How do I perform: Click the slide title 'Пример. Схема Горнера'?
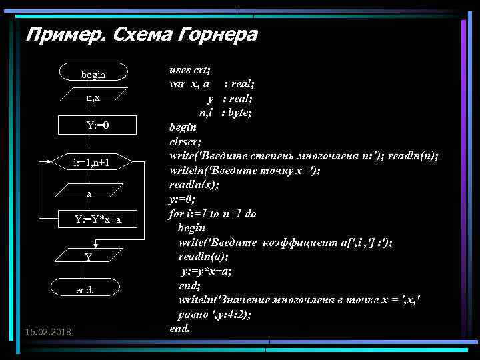141,34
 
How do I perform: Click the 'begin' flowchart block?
93,74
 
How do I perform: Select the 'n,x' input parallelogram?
93,97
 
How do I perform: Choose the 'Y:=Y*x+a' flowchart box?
97,219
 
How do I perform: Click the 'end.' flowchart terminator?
85,289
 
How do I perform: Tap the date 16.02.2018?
48,331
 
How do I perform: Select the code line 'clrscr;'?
185,141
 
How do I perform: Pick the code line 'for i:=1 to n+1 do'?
213,214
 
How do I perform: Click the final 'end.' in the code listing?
180,328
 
